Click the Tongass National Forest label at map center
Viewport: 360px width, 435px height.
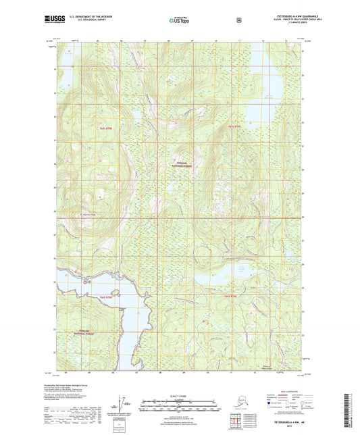pos(179,163)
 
